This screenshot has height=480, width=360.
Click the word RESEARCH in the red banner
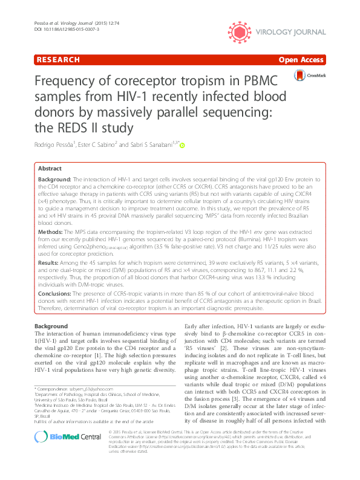click(x=58, y=60)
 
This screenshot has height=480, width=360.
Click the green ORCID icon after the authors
click(x=182, y=145)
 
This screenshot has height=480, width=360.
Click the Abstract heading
click(x=50, y=169)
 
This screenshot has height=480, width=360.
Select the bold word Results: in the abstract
click(x=49, y=264)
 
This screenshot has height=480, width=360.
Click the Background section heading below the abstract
click(x=51, y=326)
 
